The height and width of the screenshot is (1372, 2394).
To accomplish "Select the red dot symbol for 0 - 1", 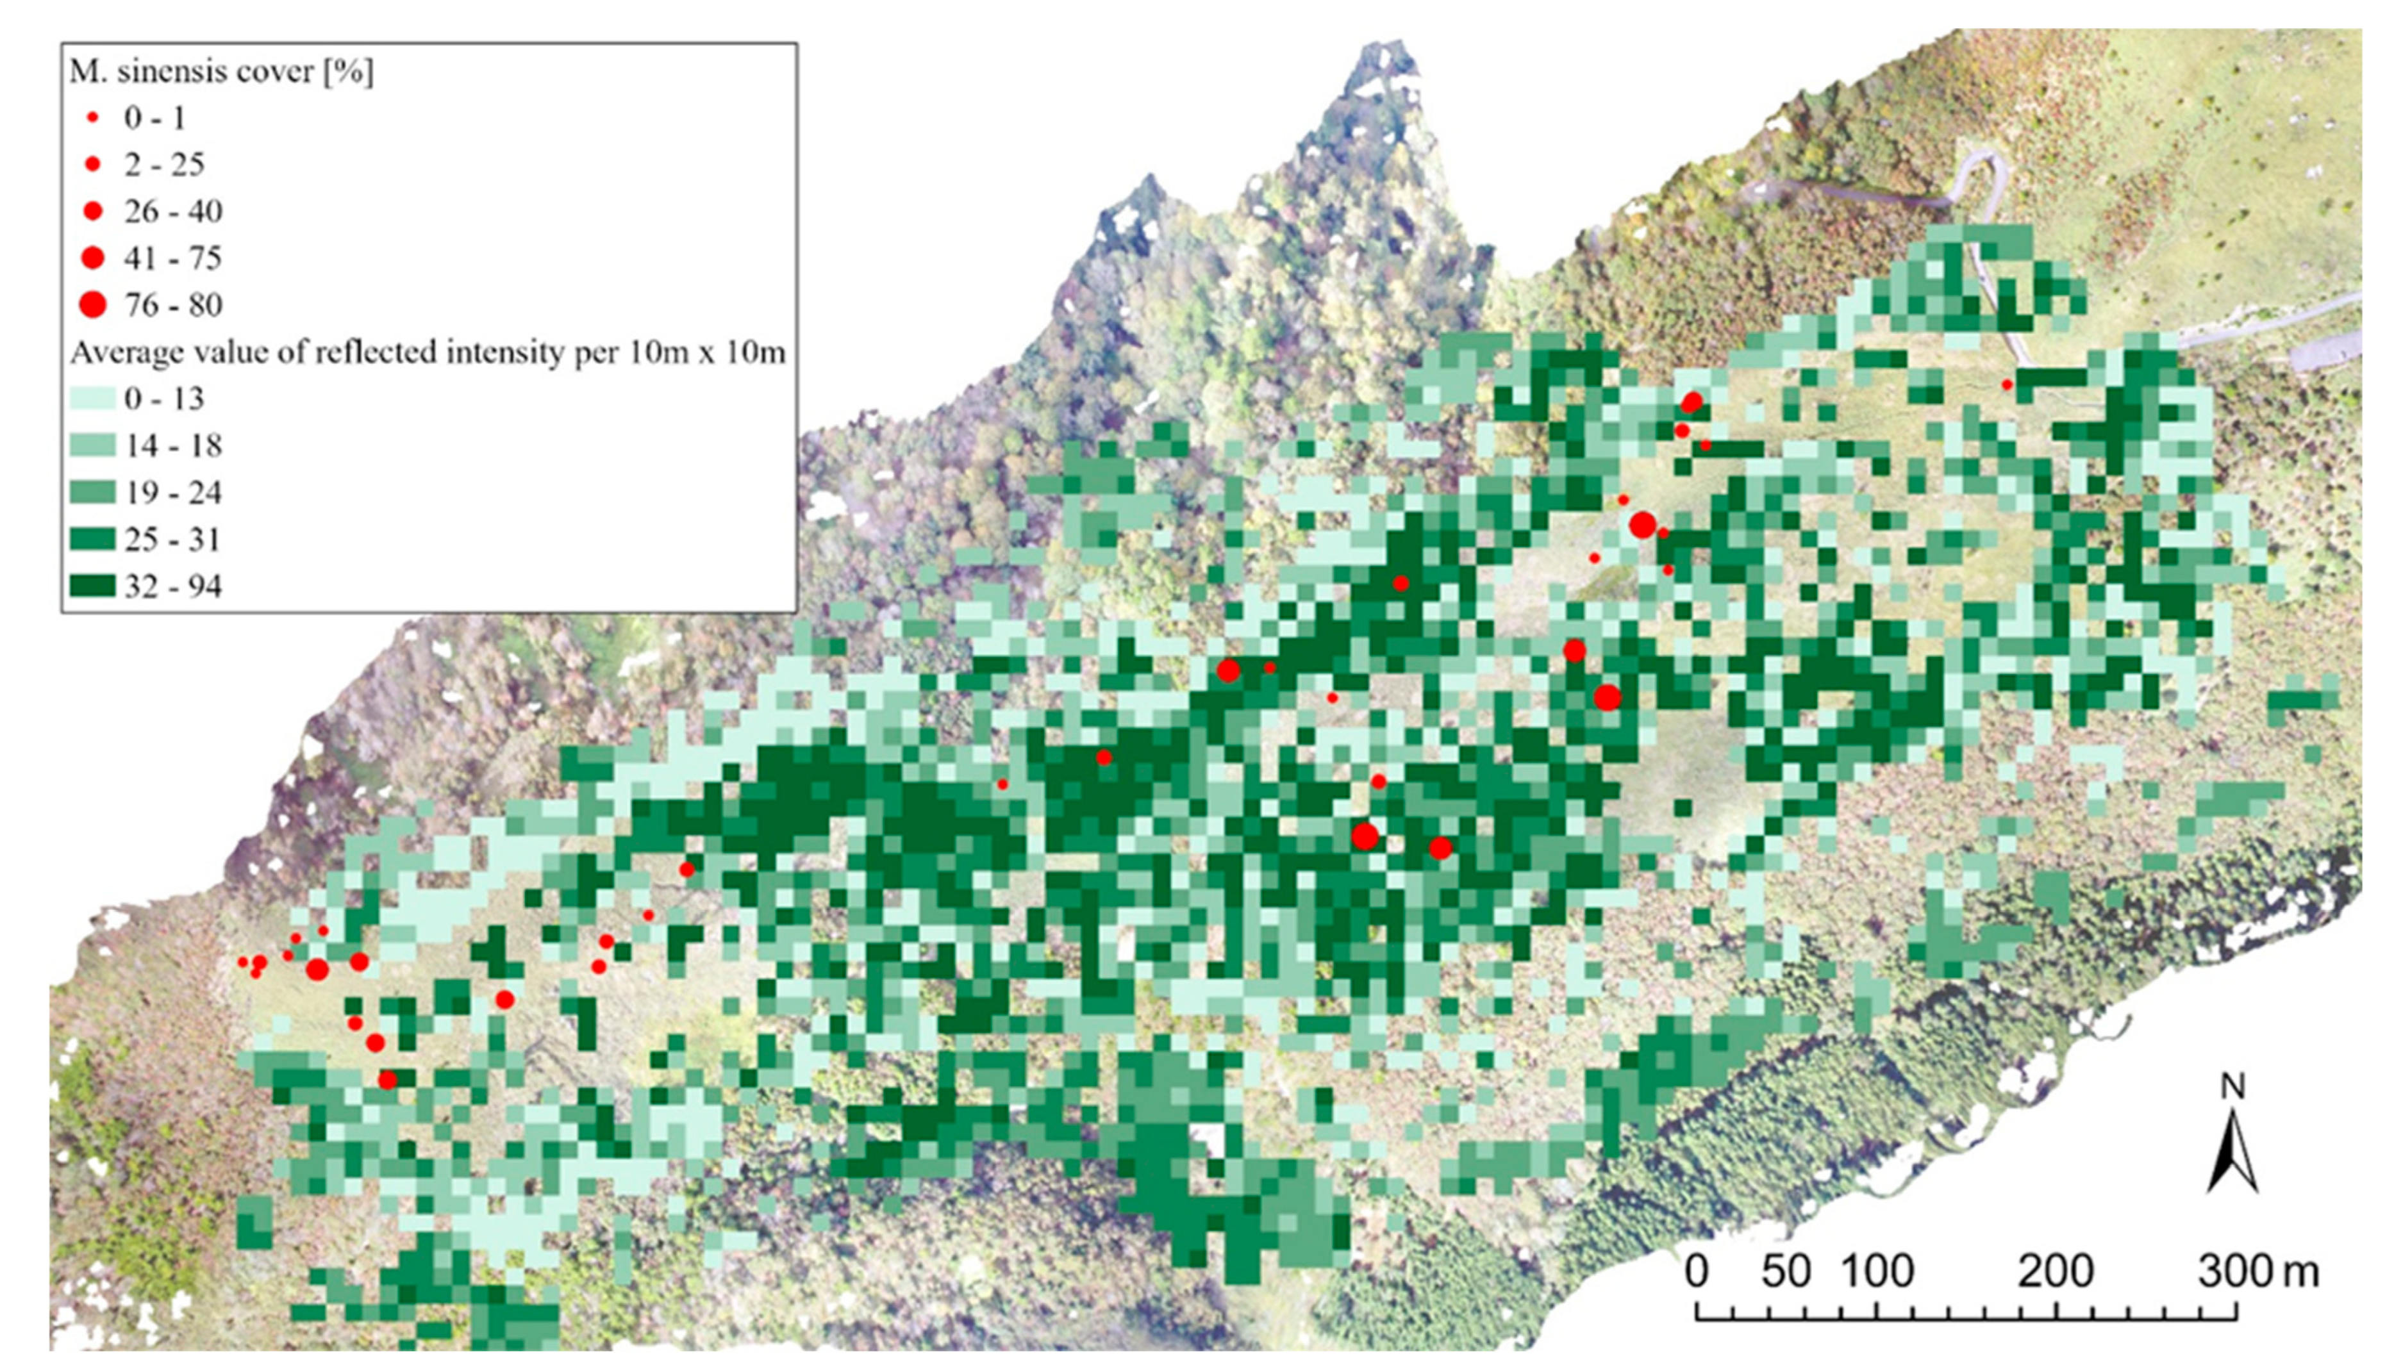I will click(92, 118).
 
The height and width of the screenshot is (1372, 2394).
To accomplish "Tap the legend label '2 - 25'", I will click(164, 165).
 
